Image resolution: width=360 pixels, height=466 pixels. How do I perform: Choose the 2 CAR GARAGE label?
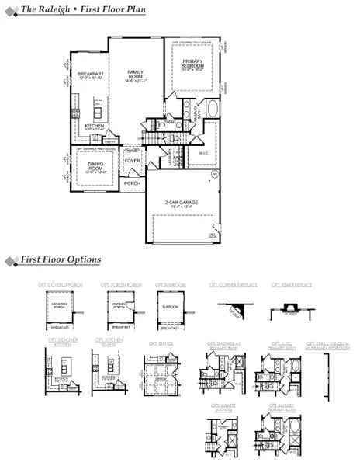(x=184, y=203)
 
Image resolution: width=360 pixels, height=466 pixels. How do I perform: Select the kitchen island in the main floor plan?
(x=99, y=106)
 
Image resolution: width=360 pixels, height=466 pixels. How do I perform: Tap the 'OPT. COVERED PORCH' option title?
(x=58, y=286)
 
